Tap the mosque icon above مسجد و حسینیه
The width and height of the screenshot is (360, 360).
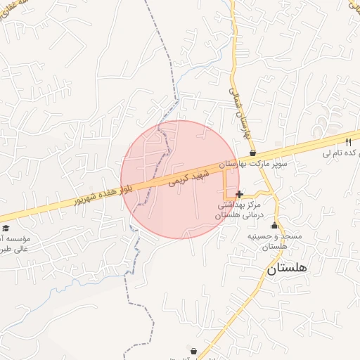(274, 226)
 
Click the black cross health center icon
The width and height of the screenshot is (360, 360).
(240, 194)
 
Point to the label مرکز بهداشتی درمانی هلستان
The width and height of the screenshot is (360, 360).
(238, 210)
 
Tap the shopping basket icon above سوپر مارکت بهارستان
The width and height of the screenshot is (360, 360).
(252, 153)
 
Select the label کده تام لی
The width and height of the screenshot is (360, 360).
(335, 153)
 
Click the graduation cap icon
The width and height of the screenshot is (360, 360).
(6, 228)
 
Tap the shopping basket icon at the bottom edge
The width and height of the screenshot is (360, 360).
(193, 350)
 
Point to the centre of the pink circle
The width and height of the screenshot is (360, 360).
(180, 179)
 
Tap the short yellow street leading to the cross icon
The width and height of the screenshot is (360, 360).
(226, 184)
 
